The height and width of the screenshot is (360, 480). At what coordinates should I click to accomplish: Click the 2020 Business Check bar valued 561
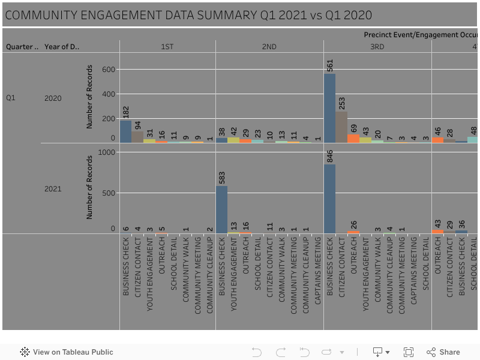(329, 108)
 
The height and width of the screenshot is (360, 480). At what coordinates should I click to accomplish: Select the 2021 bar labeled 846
(329, 199)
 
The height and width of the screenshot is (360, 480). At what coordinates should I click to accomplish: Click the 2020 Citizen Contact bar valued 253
(341, 127)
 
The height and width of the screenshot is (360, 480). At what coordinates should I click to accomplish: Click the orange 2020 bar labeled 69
(353, 139)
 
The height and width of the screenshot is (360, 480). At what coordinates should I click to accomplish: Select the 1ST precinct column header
(167, 46)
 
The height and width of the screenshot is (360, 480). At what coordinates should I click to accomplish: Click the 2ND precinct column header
(269, 46)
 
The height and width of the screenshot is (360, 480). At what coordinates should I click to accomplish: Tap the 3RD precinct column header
(377, 46)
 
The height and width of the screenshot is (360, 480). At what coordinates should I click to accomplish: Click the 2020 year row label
(53, 98)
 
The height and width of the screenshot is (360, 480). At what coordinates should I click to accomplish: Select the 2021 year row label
(53, 189)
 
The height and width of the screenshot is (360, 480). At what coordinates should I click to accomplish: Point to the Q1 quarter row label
(11, 97)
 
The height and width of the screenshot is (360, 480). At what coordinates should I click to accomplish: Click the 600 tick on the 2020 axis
(108, 70)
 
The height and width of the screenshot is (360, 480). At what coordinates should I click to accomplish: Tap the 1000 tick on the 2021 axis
(106, 152)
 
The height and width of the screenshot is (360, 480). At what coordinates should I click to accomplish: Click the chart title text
(188, 15)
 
